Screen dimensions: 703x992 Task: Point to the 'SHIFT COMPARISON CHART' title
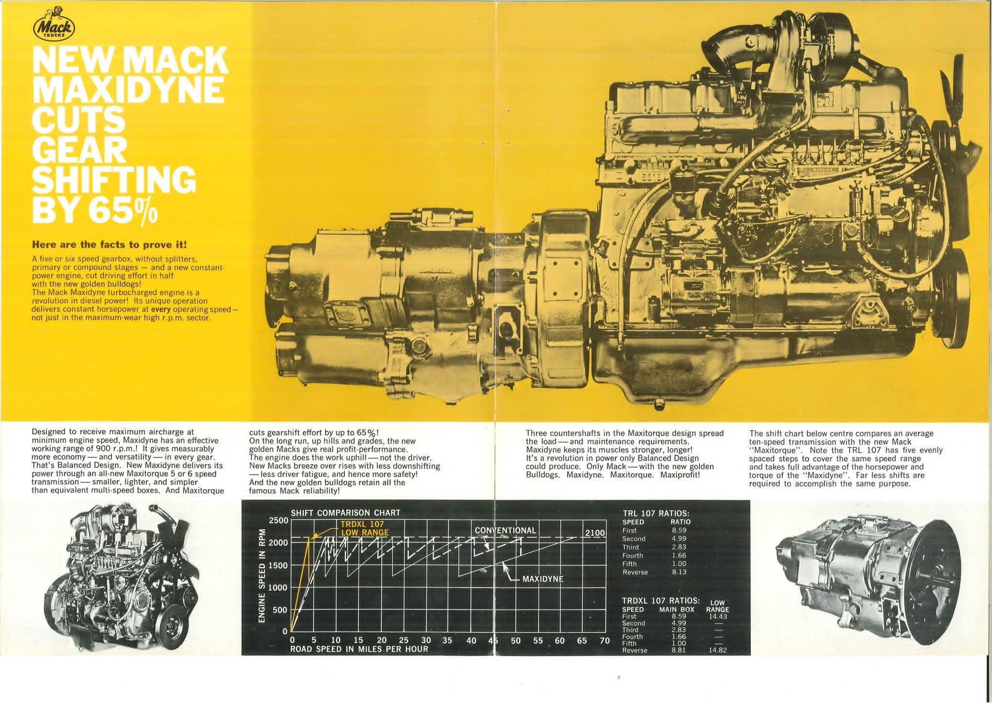tap(345, 513)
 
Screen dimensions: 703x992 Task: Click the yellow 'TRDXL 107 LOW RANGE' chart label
tap(364, 528)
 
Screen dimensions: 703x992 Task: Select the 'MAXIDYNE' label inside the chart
tap(543, 579)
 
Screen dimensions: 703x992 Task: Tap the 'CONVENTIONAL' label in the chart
tap(505, 530)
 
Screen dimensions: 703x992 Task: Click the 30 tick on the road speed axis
tap(426, 640)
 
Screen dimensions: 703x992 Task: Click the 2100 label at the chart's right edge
tap(595, 533)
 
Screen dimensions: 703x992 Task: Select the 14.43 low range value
tap(717, 616)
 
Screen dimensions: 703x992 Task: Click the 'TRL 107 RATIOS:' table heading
tap(656, 513)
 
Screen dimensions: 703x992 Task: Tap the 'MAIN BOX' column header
tap(677, 609)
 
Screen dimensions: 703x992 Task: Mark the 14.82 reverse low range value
tap(717, 650)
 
